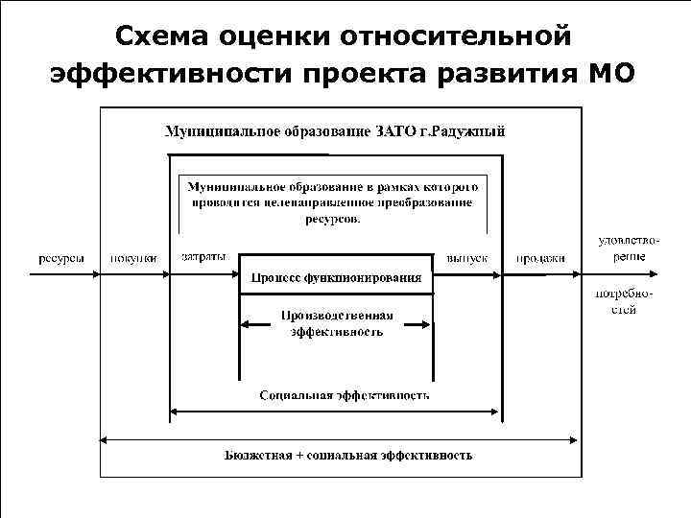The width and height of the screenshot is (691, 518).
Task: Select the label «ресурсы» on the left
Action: [60, 258]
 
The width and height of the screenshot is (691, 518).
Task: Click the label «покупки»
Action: [133, 258]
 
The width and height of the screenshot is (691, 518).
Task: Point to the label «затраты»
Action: [203, 258]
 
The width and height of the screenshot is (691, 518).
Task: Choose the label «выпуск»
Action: [467, 258]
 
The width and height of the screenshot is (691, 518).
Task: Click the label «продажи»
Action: [540, 258]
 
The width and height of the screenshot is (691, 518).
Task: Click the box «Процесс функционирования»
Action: [336, 278]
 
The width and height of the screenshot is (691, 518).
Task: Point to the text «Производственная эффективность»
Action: [336, 323]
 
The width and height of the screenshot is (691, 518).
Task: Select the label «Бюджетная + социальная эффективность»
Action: [348, 455]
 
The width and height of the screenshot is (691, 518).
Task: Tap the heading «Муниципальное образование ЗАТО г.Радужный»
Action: [335, 131]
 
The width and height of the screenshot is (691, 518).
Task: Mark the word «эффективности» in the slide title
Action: [164, 73]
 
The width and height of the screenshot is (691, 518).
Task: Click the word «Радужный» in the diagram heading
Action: [470, 131]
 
